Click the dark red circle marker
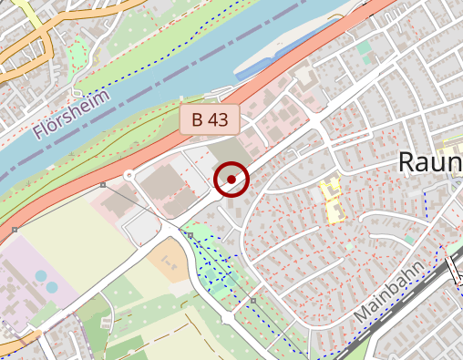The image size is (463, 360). coord(231,179)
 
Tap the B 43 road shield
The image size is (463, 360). coord(210,118)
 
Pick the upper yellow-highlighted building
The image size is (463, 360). coord(329,190)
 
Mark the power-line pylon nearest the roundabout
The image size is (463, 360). coord(103,186)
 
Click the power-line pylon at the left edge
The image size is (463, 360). coord(15,230)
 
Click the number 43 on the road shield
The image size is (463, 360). coord(219,118)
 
